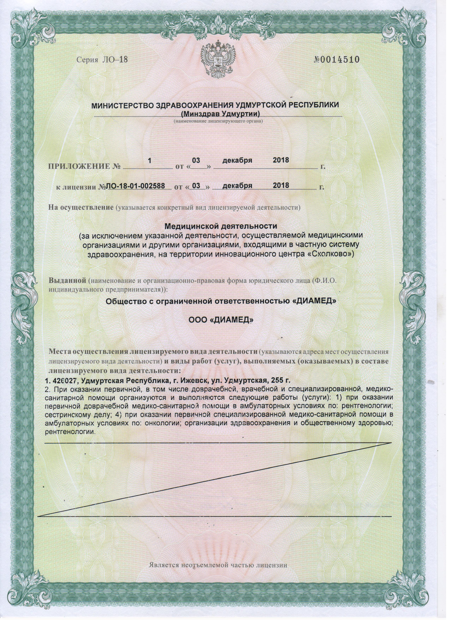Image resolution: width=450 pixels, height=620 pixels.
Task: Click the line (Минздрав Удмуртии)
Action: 217,113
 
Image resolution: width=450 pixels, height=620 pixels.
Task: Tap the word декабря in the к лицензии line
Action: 237,186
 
